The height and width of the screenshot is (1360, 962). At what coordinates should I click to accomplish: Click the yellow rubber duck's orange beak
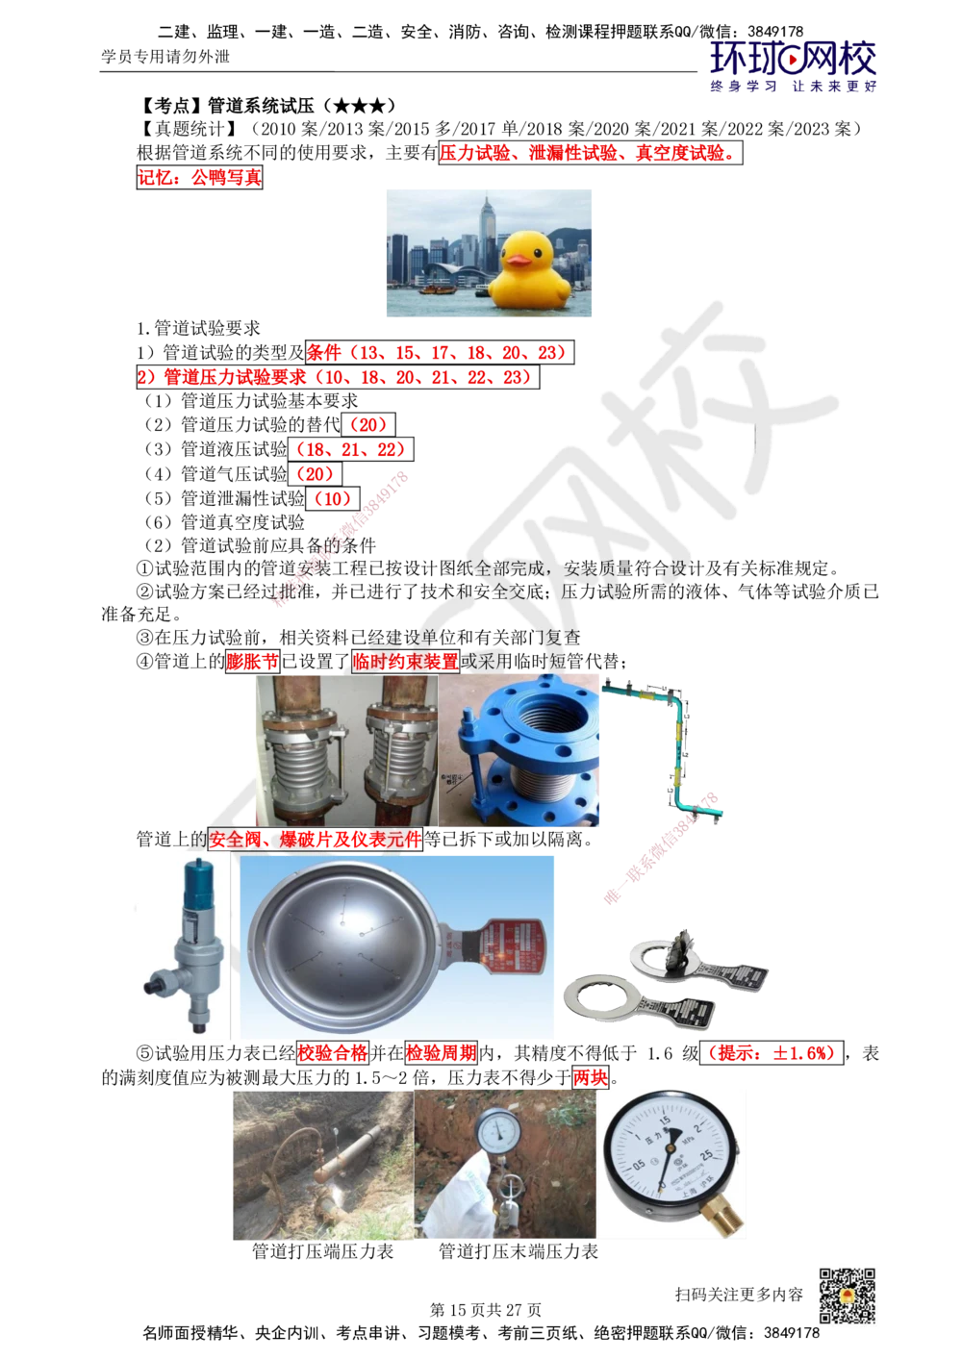tap(519, 260)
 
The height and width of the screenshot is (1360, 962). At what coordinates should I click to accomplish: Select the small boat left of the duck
tap(435, 287)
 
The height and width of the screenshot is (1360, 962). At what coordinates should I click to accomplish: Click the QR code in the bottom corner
tap(847, 1296)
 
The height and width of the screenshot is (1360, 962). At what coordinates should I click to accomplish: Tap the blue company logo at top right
tap(793, 65)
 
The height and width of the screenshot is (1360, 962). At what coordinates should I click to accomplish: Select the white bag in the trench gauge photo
tap(451, 1184)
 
